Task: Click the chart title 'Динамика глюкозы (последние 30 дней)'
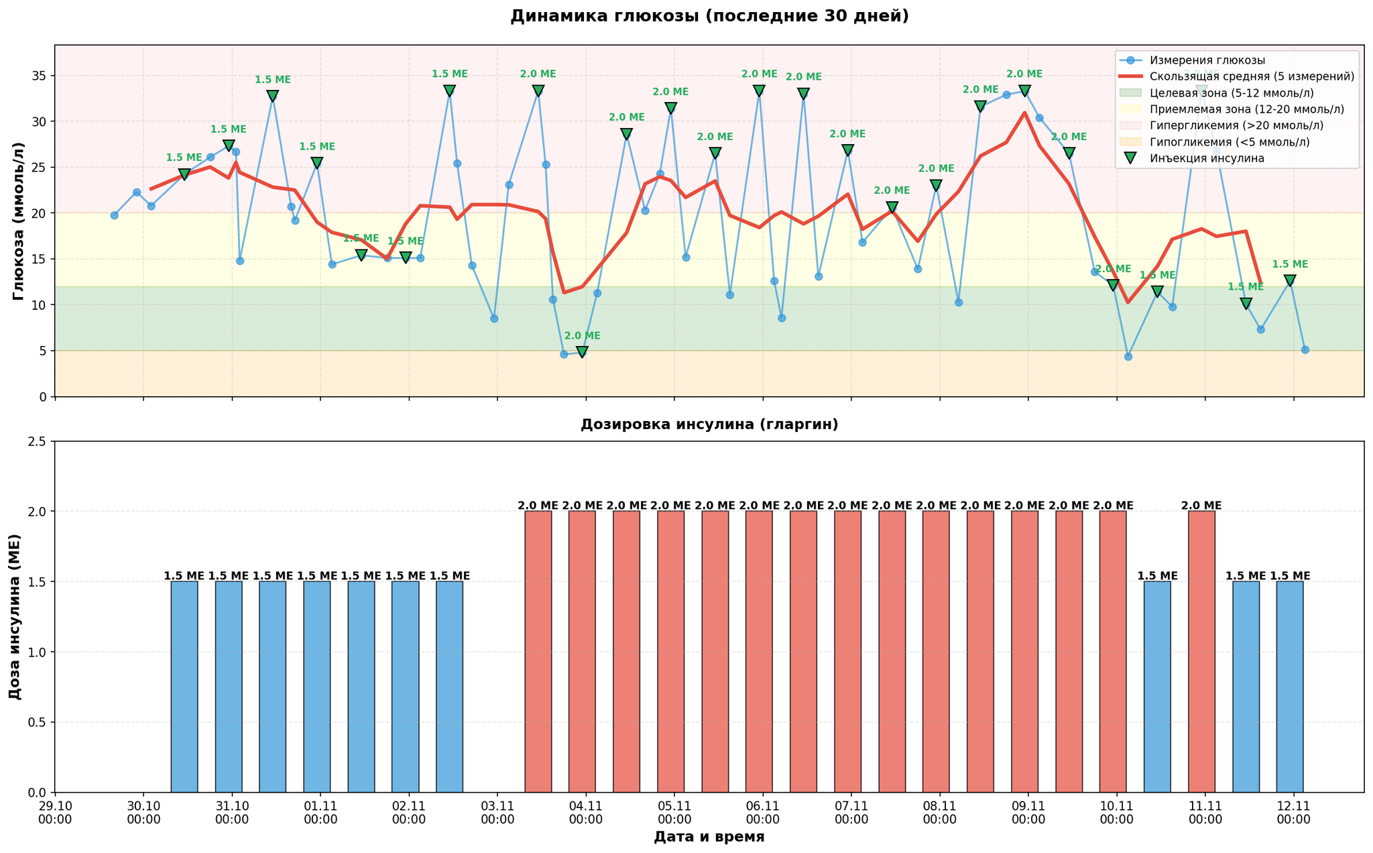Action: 709,16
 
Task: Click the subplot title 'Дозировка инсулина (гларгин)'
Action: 709,424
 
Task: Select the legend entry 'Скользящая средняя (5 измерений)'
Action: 1251,76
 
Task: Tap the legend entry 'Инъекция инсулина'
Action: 1207,158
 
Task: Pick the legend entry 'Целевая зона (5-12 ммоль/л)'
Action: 1231,93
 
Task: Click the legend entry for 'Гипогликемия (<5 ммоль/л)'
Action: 1229,142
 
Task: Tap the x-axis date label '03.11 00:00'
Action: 497,812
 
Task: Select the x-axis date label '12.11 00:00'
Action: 1293,812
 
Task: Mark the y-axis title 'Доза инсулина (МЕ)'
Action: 15,617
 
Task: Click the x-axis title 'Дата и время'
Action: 709,837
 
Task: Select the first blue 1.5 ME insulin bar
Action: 184,687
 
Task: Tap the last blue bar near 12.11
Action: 1290,687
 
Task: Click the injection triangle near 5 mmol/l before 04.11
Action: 582,352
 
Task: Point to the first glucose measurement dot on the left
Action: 114,215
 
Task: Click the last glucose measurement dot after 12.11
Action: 1305,349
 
